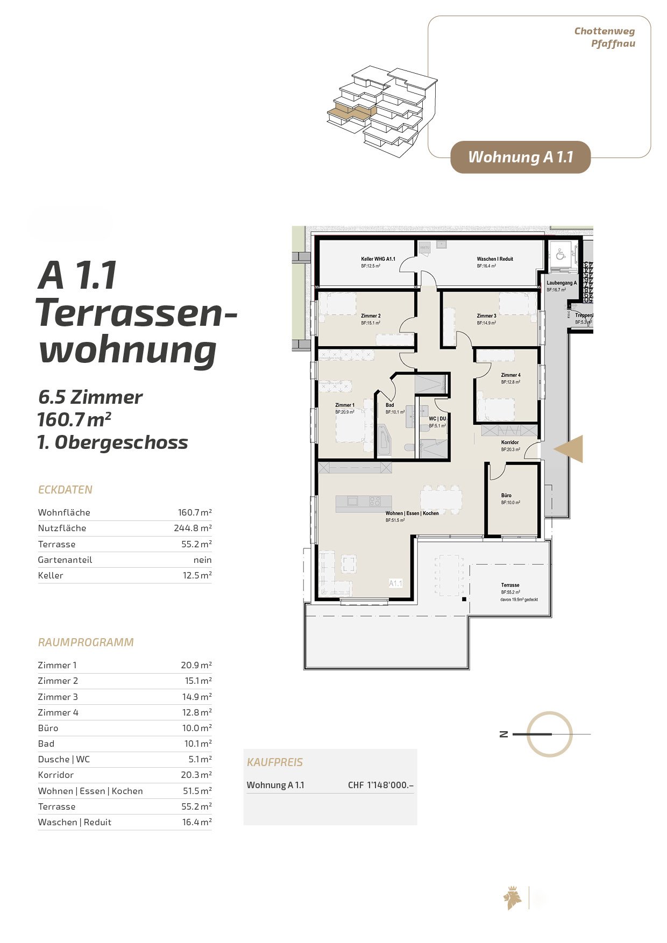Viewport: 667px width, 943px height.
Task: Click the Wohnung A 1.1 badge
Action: [x=520, y=157]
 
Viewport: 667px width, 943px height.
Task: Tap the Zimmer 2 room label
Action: [x=371, y=316]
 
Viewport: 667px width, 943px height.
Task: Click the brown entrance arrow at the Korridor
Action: [x=570, y=449]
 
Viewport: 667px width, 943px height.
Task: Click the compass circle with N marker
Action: [x=549, y=734]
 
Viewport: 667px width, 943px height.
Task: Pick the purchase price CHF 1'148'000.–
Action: [x=380, y=785]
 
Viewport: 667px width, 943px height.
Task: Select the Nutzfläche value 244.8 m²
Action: [x=192, y=528]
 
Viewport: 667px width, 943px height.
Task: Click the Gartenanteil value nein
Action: [x=202, y=560]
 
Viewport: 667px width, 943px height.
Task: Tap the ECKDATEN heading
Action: [x=65, y=490]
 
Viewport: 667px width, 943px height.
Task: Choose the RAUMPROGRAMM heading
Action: [x=86, y=642]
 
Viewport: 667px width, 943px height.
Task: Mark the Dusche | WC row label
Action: [x=63, y=759]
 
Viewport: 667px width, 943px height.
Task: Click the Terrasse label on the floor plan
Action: [x=510, y=585]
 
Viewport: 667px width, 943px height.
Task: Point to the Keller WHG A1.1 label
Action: [x=378, y=259]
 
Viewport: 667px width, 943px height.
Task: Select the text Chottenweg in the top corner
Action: [x=604, y=31]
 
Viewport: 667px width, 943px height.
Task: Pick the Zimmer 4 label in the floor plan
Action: [x=510, y=375]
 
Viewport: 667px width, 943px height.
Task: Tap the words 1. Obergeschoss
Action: [x=112, y=442]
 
